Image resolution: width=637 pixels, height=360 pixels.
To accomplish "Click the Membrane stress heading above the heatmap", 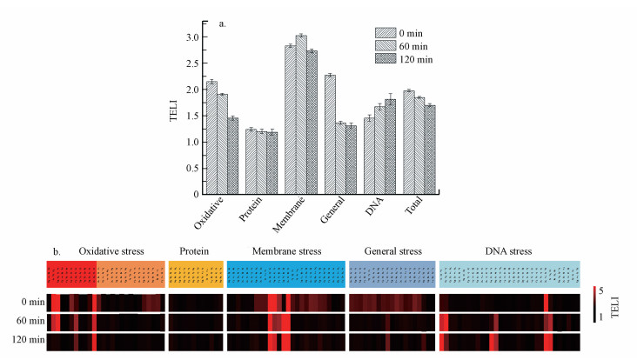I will click(286, 252).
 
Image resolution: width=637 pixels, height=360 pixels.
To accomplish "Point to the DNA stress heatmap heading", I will click(509, 252).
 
